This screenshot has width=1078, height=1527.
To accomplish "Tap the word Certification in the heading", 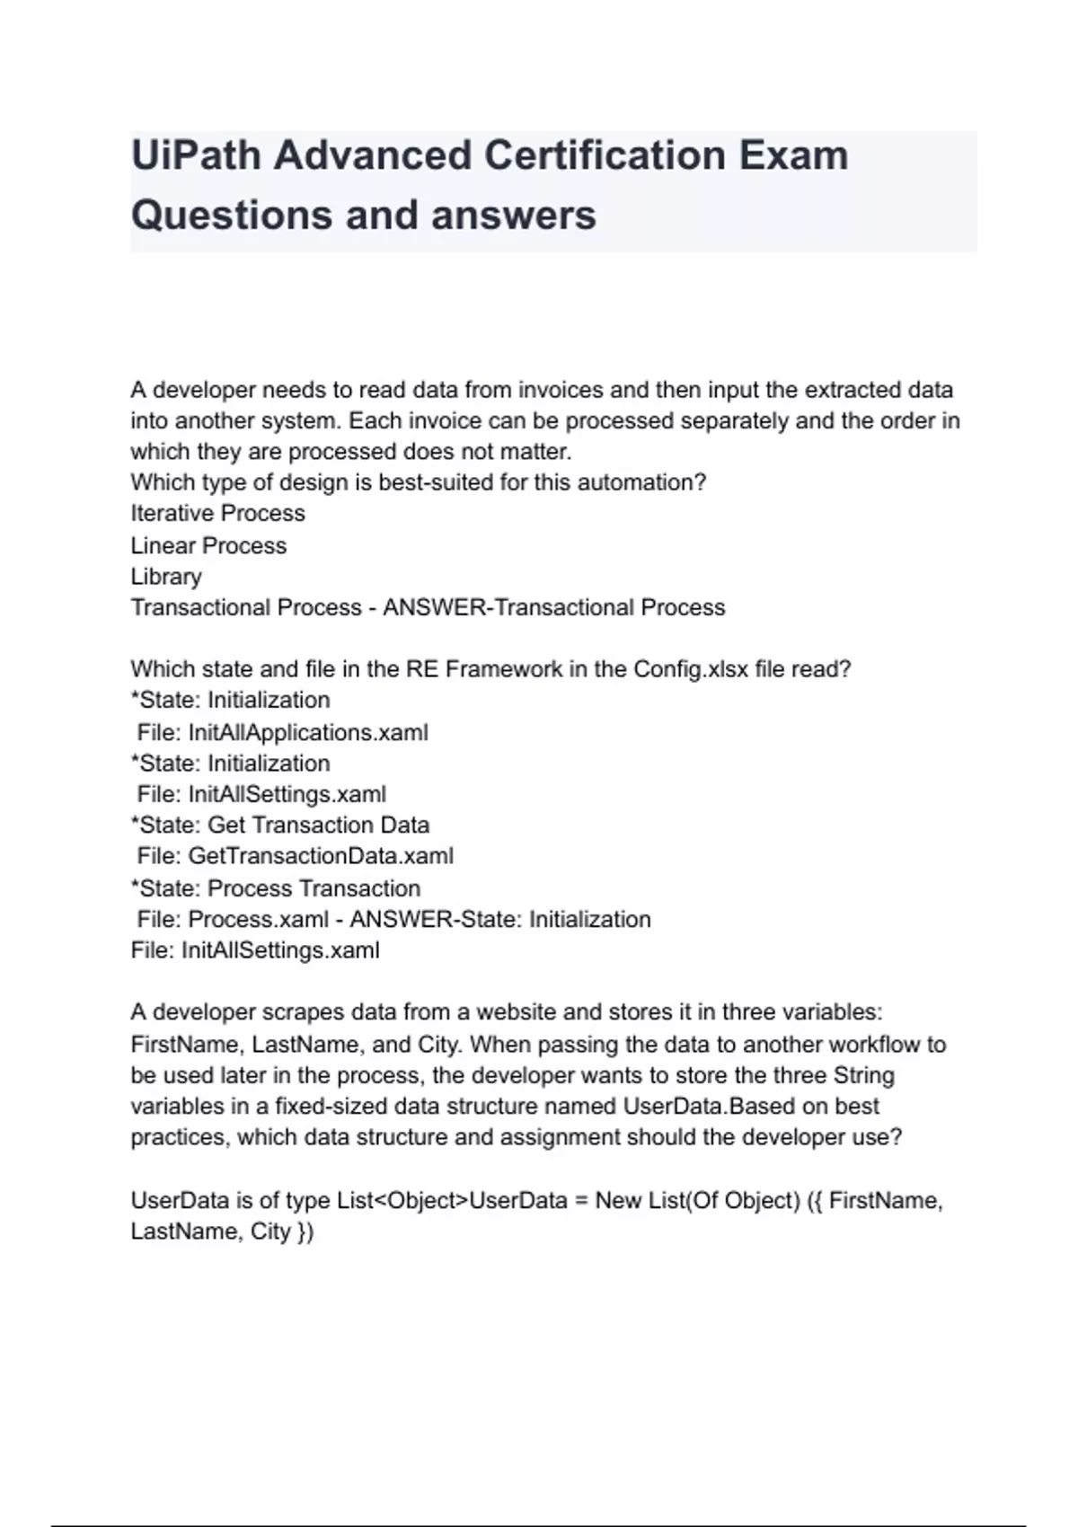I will click(605, 156).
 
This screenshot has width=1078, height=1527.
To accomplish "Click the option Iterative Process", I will click(217, 514).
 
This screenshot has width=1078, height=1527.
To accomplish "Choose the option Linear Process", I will click(208, 546).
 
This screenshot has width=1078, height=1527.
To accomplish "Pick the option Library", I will click(166, 577).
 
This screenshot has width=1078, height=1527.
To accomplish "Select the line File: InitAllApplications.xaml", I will click(282, 733).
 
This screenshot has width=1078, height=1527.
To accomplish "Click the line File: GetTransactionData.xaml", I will click(295, 856).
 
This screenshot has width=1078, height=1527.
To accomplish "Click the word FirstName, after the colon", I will click(187, 1045).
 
